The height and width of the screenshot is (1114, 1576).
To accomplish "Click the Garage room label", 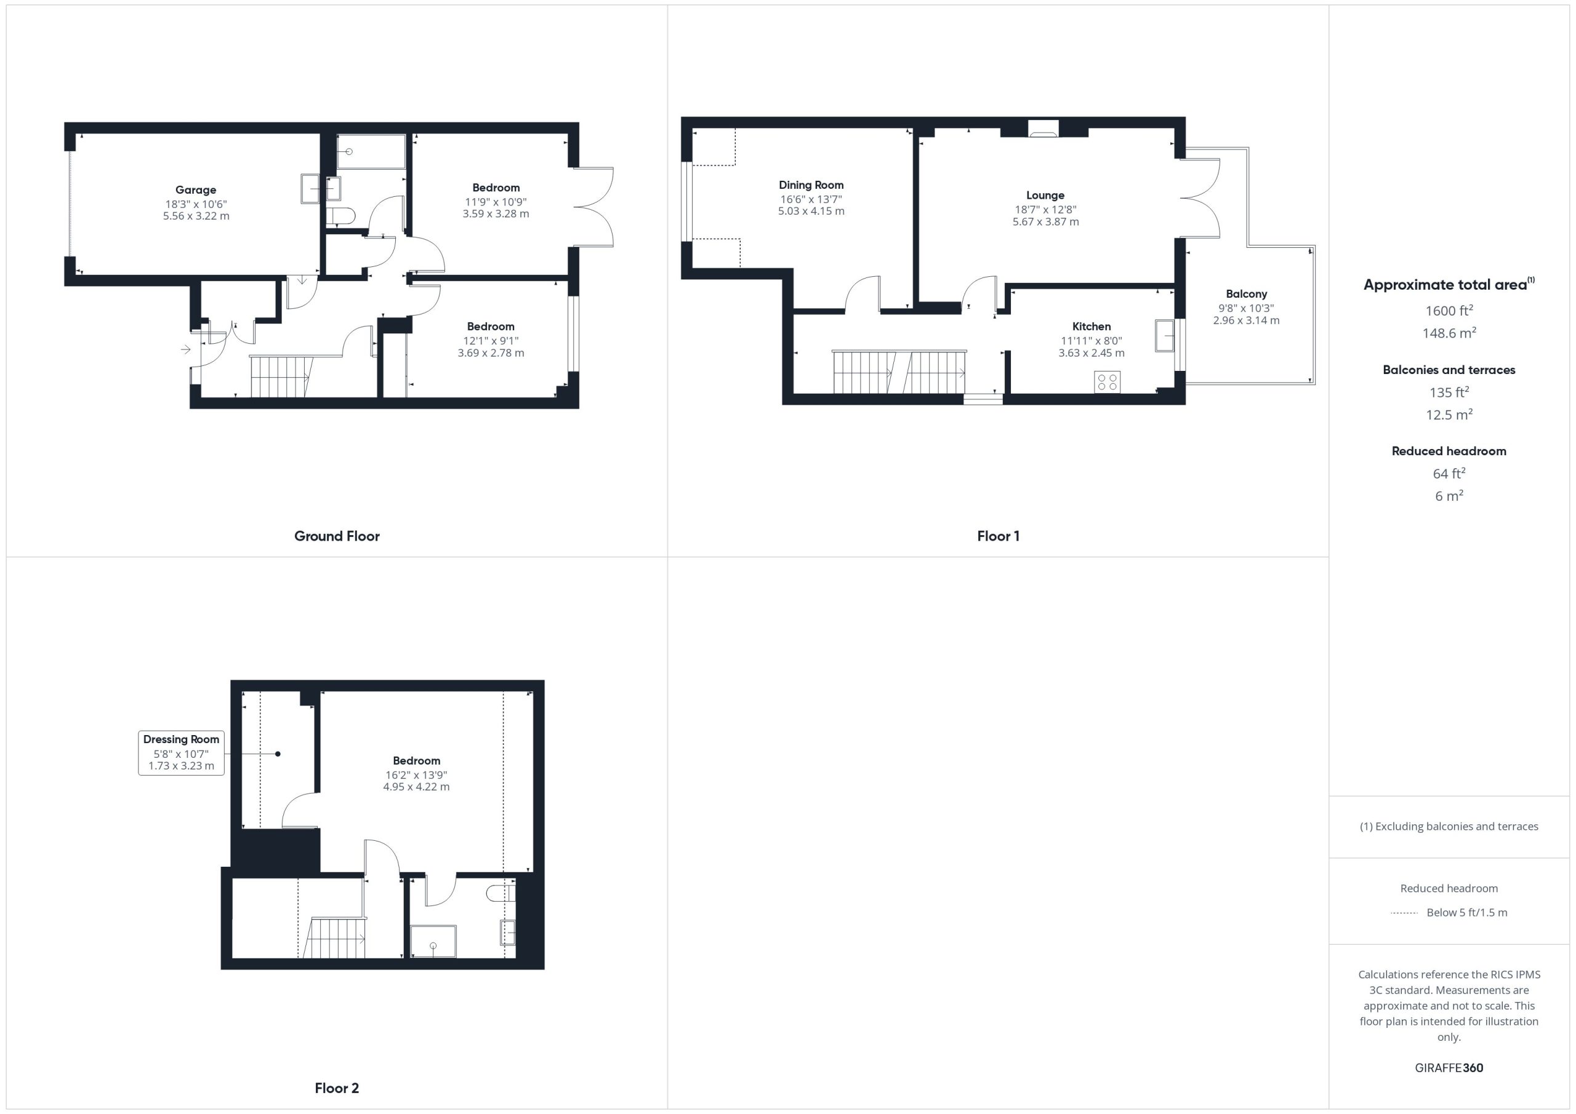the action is (x=196, y=190).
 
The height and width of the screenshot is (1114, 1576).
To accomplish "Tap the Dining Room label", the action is (x=811, y=185).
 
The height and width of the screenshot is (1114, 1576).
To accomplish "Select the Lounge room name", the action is (x=1045, y=196).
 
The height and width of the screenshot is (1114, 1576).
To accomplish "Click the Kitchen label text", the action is (x=1092, y=327).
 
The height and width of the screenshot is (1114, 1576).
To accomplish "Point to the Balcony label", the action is (x=1247, y=293).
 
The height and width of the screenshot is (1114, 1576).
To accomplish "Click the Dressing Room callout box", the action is (x=181, y=752).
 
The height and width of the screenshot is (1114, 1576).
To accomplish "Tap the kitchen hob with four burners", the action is (x=1107, y=382).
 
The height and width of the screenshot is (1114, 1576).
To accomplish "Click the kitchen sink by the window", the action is (x=1165, y=335).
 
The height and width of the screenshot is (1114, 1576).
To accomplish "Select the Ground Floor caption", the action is (x=337, y=536).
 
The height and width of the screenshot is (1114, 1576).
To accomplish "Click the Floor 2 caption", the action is (x=337, y=1088).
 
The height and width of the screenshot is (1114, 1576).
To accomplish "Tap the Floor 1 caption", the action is (x=998, y=536).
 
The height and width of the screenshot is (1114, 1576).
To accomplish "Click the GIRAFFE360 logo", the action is (x=1449, y=1067).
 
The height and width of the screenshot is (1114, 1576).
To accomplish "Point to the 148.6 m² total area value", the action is (x=1449, y=333).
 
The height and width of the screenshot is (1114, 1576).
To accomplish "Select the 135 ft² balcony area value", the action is (x=1449, y=392).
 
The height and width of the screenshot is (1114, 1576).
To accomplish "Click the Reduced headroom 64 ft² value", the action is (x=1449, y=473).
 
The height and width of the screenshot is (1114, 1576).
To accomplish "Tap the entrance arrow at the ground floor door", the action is (x=185, y=350).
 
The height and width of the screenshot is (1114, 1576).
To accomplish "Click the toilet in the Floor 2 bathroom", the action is (x=501, y=893).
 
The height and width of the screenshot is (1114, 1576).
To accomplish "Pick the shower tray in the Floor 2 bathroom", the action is (x=433, y=941).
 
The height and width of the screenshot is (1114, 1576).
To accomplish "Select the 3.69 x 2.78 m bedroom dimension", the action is (x=491, y=353).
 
